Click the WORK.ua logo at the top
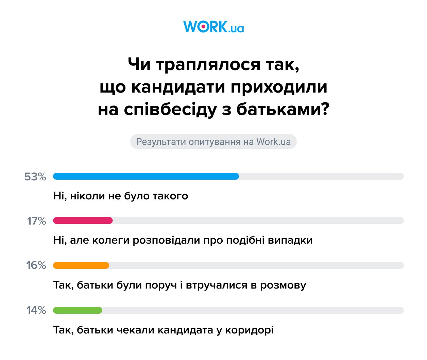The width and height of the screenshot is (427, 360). (213, 27)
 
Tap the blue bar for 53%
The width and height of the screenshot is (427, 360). (146, 176)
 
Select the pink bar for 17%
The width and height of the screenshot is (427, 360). (83, 220)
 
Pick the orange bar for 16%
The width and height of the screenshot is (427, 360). (81, 265)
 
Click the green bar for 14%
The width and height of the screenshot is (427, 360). (78, 310)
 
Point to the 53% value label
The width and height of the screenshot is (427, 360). (35, 177)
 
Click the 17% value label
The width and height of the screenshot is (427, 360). (36, 221)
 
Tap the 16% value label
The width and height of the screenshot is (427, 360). (36, 265)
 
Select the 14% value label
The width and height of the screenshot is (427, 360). (36, 310)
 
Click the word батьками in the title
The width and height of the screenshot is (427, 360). (283, 109)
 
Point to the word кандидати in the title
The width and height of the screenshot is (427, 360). (178, 87)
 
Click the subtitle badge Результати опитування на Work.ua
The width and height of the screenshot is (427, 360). (213, 142)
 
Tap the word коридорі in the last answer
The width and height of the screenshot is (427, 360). (249, 330)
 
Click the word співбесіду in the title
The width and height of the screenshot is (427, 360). (170, 109)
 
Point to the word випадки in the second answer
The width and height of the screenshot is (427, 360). (290, 240)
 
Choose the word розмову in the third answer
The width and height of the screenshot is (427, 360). (283, 285)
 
